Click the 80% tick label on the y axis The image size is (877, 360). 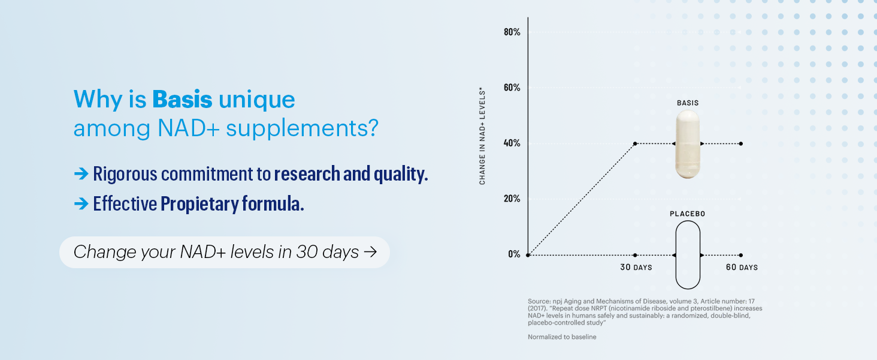(512, 32)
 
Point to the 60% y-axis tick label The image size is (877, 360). (512, 88)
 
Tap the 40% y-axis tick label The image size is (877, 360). (512, 143)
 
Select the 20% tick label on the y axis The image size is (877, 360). (512, 199)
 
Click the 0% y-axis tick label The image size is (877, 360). (514, 254)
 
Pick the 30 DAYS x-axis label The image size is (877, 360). (636, 267)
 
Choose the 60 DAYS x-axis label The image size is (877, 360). (742, 267)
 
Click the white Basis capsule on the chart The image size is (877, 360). (687, 145)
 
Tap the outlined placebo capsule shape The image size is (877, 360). (687, 255)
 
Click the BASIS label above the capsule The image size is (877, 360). (688, 103)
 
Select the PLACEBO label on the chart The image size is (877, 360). (687, 214)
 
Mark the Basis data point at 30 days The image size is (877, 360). (636, 143)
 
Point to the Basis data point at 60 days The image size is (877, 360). (741, 143)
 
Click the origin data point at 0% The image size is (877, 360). (528, 255)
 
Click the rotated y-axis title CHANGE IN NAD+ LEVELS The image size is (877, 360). (482, 136)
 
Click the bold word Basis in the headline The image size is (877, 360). (182, 100)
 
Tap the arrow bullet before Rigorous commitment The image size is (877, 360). (81, 174)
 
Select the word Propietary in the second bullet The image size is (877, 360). (199, 204)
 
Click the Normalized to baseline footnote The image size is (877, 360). (562, 337)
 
